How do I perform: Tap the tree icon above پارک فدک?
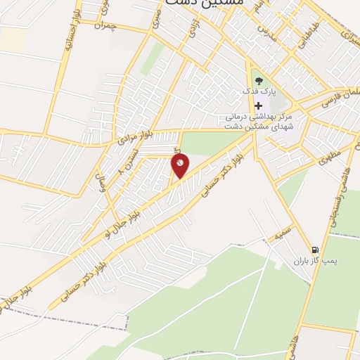[x=258, y=81]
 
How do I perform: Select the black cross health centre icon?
[x=258, y=105]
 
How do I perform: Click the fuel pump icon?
[x=314, y=250]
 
